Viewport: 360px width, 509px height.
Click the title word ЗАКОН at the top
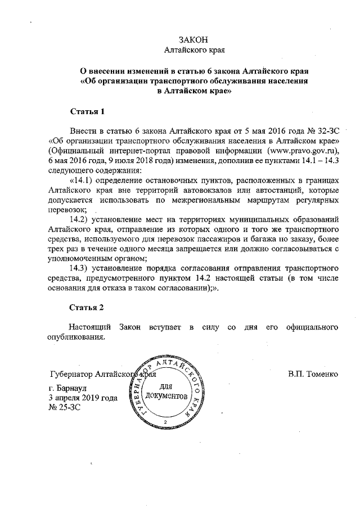[193, 39]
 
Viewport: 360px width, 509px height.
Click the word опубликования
[76, 337]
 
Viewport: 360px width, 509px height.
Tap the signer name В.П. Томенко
[313, 374]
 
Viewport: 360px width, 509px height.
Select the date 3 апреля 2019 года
[83, 398]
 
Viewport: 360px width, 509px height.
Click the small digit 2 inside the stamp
[165, 421]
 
